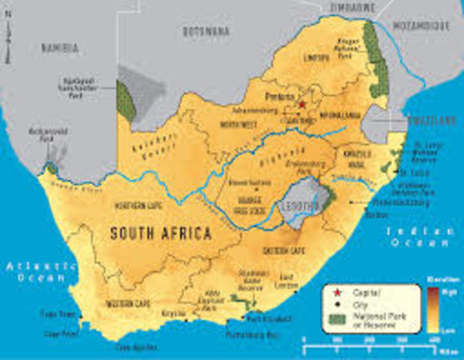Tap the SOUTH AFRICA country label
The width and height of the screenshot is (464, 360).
click(x=161, y=232)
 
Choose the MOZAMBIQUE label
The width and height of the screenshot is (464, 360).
click(x=425, y=25)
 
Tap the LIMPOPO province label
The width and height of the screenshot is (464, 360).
click(x=317, y=58)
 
